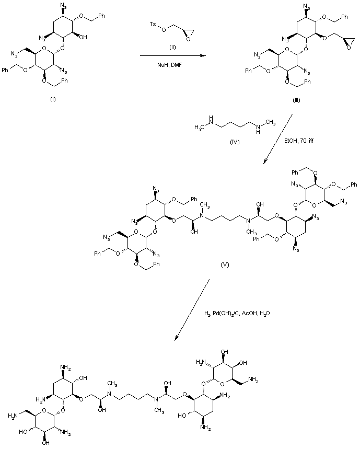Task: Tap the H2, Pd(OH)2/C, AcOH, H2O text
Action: click(x=238, y=314)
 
